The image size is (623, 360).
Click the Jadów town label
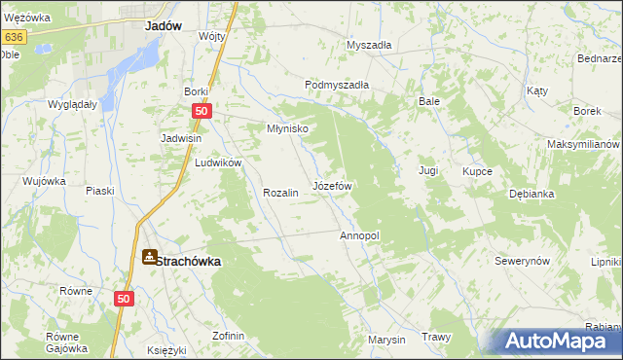[x=165, y=27]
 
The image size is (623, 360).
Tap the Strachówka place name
[x=189, y=261]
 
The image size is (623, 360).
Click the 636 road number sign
[x=13, y=37]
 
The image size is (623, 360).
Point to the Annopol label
[x=358, y=235]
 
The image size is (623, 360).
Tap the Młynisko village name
[x=288, y=128]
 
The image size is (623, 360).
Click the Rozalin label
[x=279, y=193]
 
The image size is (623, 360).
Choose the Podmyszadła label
[x=337, y=85]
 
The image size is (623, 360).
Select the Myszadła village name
[x=369, y=45]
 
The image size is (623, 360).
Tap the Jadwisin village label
[x=181, y=138]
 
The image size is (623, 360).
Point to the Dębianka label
[x=531, y=194]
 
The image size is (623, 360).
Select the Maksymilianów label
[x=583, y=144]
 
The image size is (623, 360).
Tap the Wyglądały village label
[x=72, y=103]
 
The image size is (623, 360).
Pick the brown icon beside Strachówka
[x=149, y=257]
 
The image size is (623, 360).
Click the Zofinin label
[x=228, y=336]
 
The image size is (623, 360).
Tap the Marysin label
[x=385, y=340]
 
